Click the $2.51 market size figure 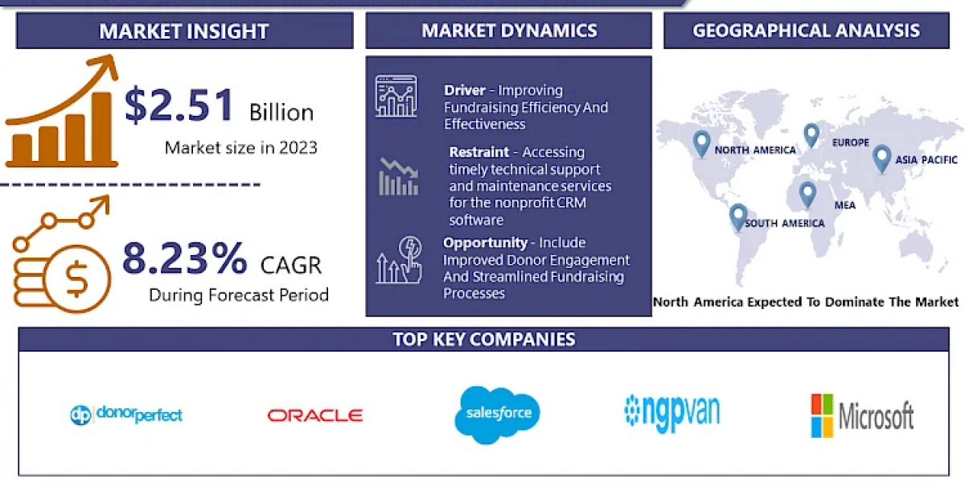coord(179,105)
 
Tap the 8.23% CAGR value coord(184,258)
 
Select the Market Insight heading coord(184,31)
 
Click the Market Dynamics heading coord(509,31)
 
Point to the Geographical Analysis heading coord(806,31)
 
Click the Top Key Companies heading coord(484,340)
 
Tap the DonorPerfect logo coord(126,415)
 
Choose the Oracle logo coord(315,415)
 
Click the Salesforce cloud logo coord(498,415)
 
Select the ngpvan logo coord(672,412)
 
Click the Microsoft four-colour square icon coord(822,415)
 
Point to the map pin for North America coord(701,144)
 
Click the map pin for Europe coord(811,135)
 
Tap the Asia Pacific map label coord(926,160)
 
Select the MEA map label coord(845,205)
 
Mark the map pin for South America coord(738,217)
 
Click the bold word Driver coord(465,90)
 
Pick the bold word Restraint coord(479,152)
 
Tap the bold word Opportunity coord(485,243)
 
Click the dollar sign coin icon coord(76,279)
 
